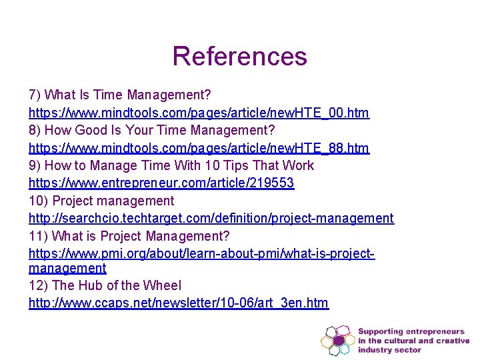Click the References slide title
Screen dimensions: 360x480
click(x=239, y=56)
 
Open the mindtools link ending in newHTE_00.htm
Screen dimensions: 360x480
click(x=199, y=113)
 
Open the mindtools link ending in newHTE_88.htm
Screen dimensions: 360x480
click(x=199, y=147)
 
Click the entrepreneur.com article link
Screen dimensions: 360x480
click(x=161, y=183)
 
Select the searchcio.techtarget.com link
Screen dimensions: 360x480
click(x=211, y=218)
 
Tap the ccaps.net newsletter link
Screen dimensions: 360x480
click(x=178, y=303)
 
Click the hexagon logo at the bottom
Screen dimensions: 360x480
click(x=337, y=340)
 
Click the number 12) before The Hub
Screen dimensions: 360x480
click(x=39, y=285)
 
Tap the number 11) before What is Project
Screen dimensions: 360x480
click(x=38, y=236)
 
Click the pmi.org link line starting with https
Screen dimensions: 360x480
click(x=201, y=254)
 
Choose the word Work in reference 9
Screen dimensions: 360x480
click(x=298, y=165)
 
